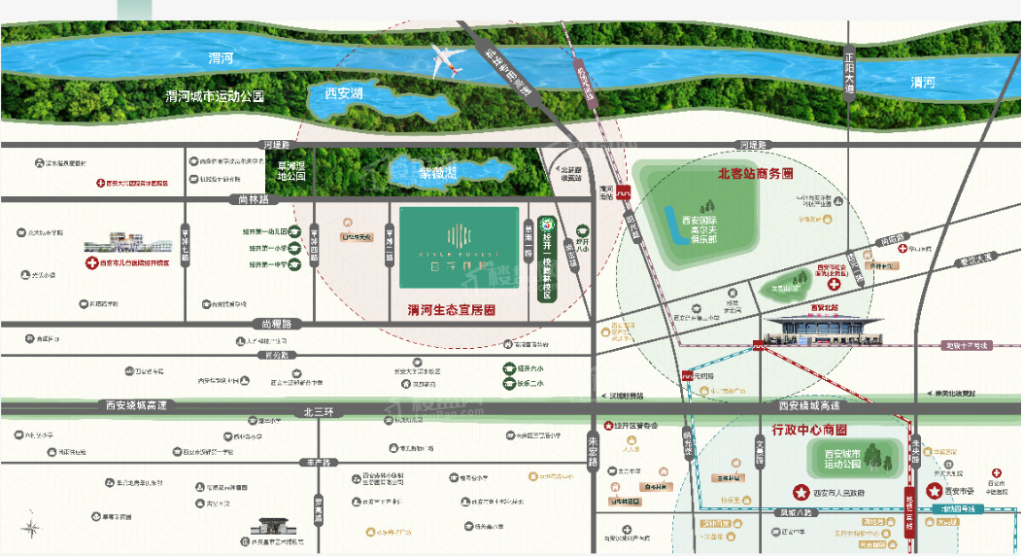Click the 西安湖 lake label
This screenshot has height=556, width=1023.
pos(344,93)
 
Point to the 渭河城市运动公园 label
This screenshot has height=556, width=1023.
pos(216,97)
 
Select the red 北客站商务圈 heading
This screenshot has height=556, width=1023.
pos(755,174)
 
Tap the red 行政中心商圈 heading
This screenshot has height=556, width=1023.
pos(809,429)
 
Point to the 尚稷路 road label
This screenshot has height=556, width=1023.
pos(276,323)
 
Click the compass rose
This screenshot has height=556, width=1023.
pos(32,529)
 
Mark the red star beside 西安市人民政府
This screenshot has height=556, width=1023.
pos(801,492)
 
